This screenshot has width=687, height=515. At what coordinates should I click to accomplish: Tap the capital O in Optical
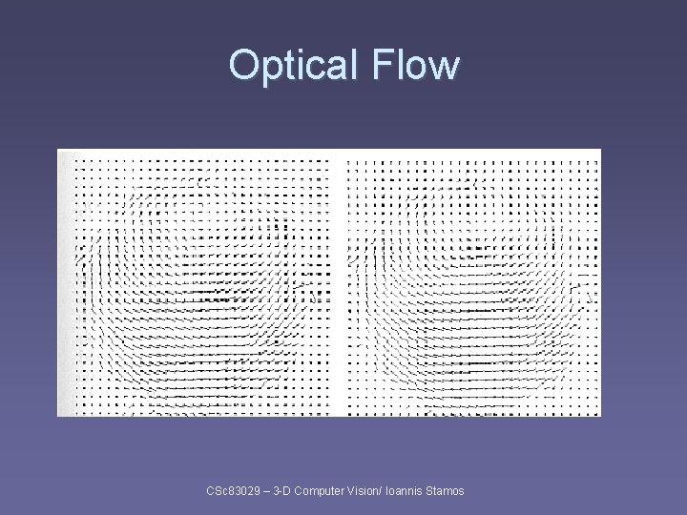coord(242,65)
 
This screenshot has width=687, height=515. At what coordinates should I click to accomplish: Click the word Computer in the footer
coord(324,490)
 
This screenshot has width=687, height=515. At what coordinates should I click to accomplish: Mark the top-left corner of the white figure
coord(58,150)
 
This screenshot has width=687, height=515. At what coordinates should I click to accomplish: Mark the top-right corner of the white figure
coord(600,150)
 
